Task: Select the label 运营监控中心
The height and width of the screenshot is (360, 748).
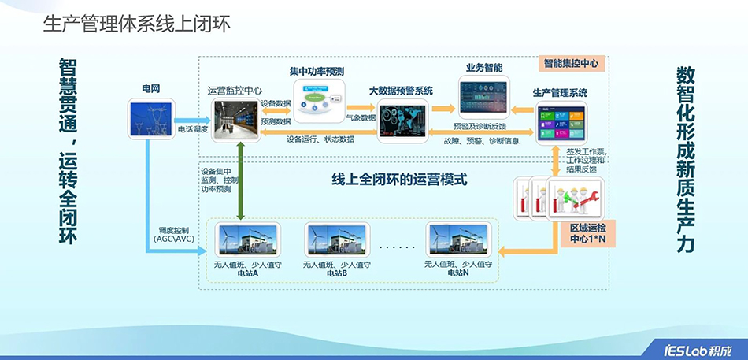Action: click(x=235, y=91)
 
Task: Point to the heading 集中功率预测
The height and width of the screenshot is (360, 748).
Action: click(x=320, y=70)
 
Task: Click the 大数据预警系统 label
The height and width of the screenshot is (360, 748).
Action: click(x=401, y=91)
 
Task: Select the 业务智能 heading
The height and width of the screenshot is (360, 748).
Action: click(x=484, y=67)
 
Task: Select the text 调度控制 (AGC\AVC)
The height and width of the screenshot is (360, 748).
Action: click(x=176, y=233)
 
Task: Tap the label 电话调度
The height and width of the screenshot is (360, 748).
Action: click(x=193, y=128)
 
